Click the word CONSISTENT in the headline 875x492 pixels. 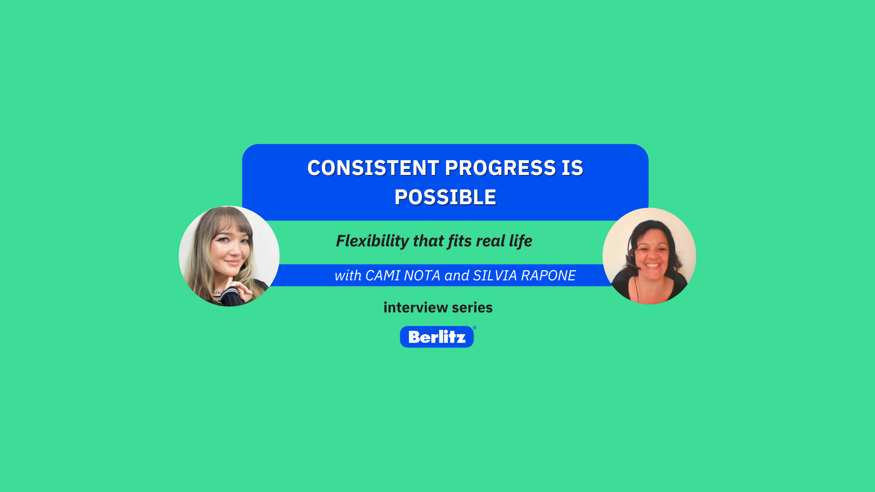(373, 168)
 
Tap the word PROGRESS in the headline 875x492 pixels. (500, 168)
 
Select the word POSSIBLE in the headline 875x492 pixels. (445, 198)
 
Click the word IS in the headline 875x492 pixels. (573, 168)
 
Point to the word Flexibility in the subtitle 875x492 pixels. (373, 241)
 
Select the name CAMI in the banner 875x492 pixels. (383, 276)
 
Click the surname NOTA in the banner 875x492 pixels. (422, 276)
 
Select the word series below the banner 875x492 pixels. (472, 308)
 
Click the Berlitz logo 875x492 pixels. (437, 337)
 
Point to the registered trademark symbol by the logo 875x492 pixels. (475, 328)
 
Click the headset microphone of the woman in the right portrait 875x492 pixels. (636, 268)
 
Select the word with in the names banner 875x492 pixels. (348, 276)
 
